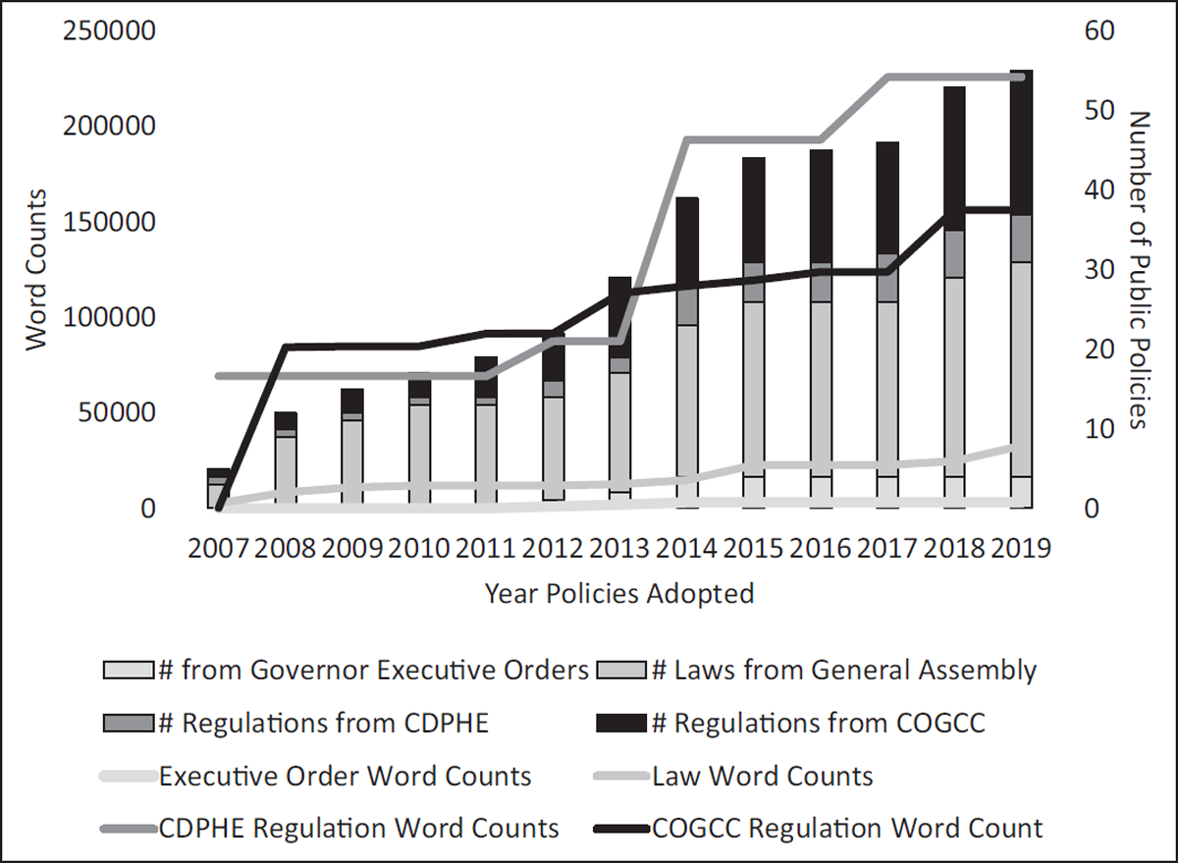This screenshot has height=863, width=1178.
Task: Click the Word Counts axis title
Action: (36, 270)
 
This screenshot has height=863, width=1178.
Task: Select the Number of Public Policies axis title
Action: (1139, 270)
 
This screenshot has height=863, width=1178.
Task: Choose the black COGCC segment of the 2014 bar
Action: (687, 242)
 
